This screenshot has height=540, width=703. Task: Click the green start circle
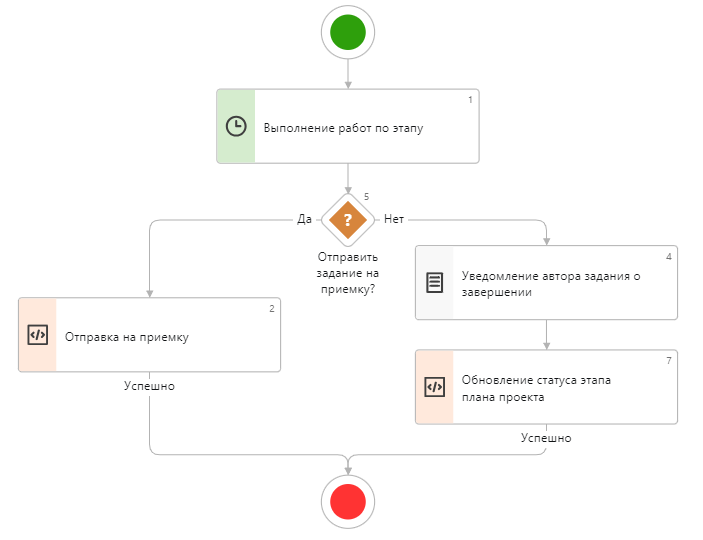(347, 32)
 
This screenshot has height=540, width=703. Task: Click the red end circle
(347, 500)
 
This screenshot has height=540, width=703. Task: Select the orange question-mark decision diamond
(347, 219)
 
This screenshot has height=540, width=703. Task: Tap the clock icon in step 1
(236, 126)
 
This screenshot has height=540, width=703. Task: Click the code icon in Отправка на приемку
(37, 335)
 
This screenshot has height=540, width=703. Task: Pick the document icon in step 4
(434, 283)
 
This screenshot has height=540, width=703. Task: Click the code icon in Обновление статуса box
(434, 387)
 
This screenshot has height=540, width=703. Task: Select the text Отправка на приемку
(127, 337)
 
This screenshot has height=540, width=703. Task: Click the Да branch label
(304, 219)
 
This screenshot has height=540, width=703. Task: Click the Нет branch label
(394, 219)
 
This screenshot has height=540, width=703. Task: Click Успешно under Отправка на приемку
(149, 386)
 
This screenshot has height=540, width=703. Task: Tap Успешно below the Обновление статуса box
(546, 438)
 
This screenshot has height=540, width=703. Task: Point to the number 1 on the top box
(471, 99)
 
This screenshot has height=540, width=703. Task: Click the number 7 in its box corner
(668, 360)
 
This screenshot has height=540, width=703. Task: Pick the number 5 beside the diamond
(367, 197)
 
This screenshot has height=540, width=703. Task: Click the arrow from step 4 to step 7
(546, 334)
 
